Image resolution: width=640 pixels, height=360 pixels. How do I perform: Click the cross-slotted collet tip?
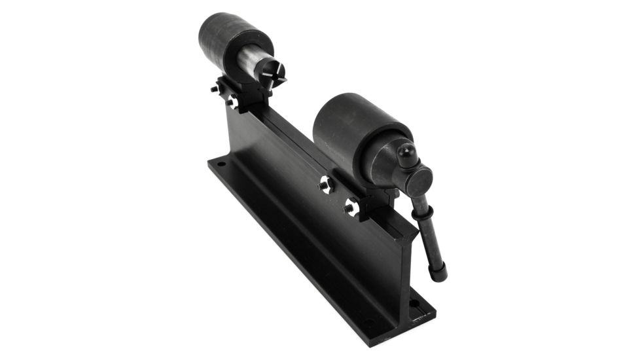coord(273,77)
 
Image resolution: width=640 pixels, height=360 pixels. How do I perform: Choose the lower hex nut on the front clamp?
coord(350,209)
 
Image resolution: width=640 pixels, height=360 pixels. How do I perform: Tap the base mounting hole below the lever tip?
coord(414,303)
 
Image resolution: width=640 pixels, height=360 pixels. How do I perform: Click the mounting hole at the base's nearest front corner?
coord(370,324)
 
